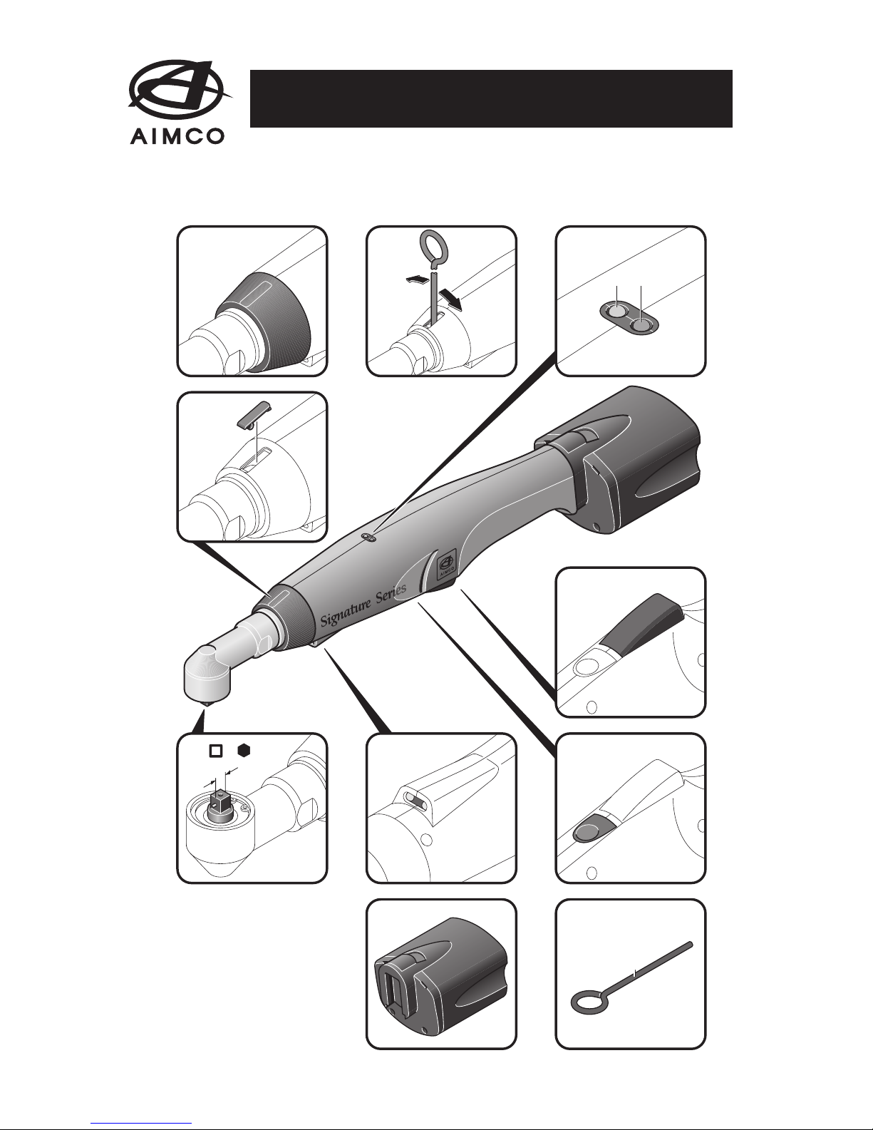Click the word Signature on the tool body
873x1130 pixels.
[x=345, y=612]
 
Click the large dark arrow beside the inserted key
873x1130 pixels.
[x=450, y=300]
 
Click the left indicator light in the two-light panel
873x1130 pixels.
[x=616, y=312]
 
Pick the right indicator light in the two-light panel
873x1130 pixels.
[x=642, y=326]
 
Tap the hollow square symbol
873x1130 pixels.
[x=216, y=751]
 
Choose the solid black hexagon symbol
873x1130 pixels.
[x=244, y=751]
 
